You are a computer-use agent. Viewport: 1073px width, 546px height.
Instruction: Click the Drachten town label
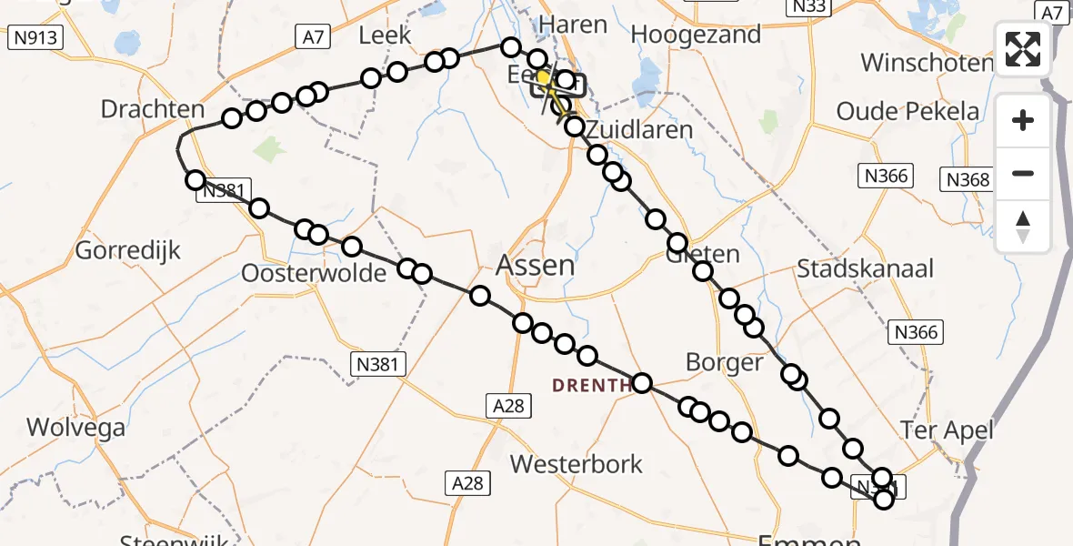(153, 109)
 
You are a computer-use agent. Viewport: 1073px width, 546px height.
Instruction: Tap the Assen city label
(536, 266)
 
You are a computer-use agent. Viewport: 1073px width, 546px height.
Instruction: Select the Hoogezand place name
(696, 35)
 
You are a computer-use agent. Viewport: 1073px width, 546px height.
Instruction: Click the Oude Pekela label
(908, 112)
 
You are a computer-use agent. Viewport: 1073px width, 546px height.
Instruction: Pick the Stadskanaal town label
(865, 269)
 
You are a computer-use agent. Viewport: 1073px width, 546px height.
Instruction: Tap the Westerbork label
(577, 464)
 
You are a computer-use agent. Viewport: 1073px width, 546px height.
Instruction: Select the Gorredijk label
(128, 250)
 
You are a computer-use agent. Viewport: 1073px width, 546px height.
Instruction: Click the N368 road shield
(968, 179)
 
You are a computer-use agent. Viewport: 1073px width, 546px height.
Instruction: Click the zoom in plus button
(1023, 120)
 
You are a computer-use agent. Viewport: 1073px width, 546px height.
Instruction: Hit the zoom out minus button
(1023, 173)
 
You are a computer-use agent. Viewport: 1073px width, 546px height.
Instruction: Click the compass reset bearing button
(1023, 226)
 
